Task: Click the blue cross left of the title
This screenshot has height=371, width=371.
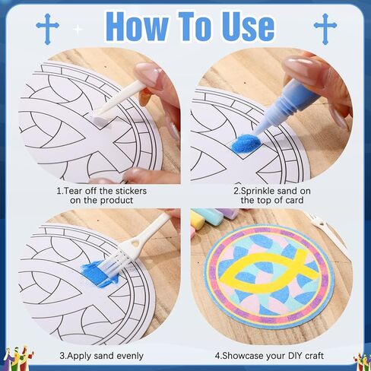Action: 47,29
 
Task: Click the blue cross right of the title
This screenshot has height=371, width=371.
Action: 325,29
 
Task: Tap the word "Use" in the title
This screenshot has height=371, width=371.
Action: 248,27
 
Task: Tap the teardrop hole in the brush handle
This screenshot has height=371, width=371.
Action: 136,243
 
